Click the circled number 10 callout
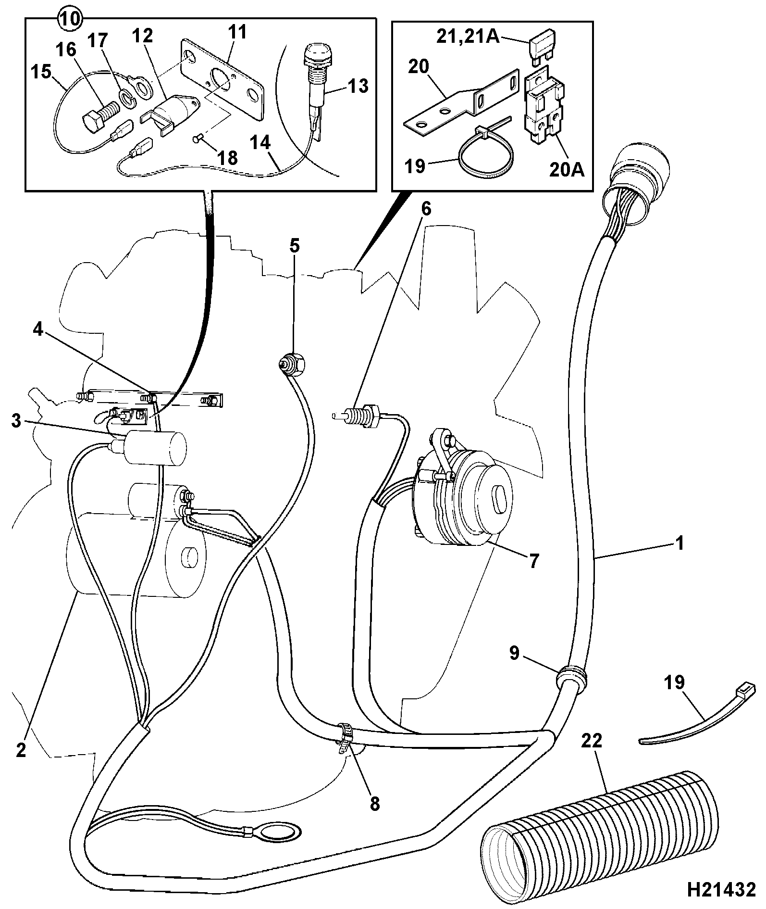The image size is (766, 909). click(x=70, y=19)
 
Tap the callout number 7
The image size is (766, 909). click(x=534, y=560)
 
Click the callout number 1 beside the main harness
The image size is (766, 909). click(x=680, y=543)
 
